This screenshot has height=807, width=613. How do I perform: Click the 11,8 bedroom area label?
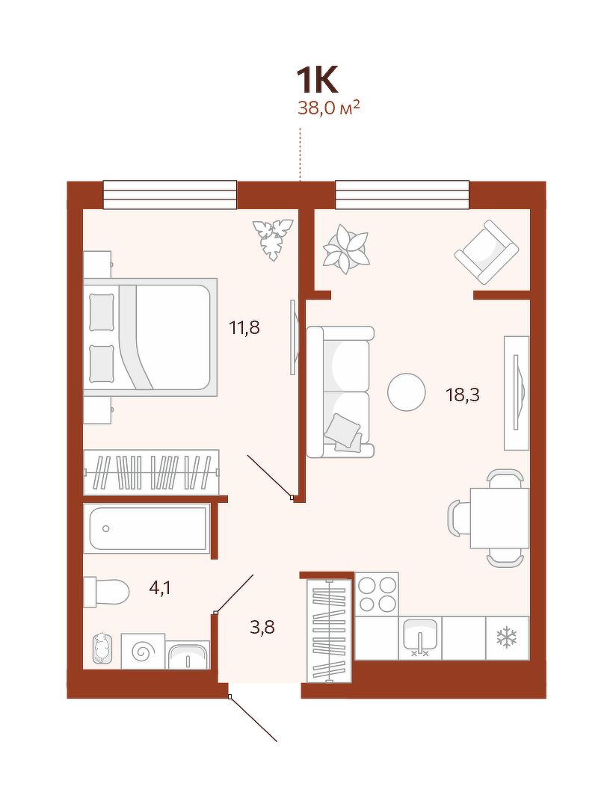coord(244,327)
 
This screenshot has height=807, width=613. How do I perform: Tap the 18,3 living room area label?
coord(462,395)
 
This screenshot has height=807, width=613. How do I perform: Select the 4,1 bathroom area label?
coord(159,588)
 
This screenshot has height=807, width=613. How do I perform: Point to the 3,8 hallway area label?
coord(262,628)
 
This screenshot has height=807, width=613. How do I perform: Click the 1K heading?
coord(317,80)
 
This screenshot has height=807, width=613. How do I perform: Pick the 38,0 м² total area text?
coord(328,108)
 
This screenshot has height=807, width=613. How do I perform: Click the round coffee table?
coord(407,392)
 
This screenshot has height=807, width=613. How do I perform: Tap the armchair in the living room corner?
coord(487,253)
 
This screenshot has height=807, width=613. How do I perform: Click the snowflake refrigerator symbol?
coord(507,637)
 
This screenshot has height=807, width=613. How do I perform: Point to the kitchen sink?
coord(420,637)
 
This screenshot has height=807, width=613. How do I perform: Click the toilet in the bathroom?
coord(106,593)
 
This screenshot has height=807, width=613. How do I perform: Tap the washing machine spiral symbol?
coord(143,652)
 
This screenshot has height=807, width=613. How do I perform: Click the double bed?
coord(150,337)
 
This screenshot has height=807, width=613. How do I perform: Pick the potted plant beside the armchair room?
coord(346,249)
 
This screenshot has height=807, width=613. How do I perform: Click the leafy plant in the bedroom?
coord(273,239)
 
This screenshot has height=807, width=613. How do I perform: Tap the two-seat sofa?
coord(340,392)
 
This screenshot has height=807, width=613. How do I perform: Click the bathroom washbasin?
coord(188,655)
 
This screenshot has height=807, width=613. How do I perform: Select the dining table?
coord(499,518)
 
